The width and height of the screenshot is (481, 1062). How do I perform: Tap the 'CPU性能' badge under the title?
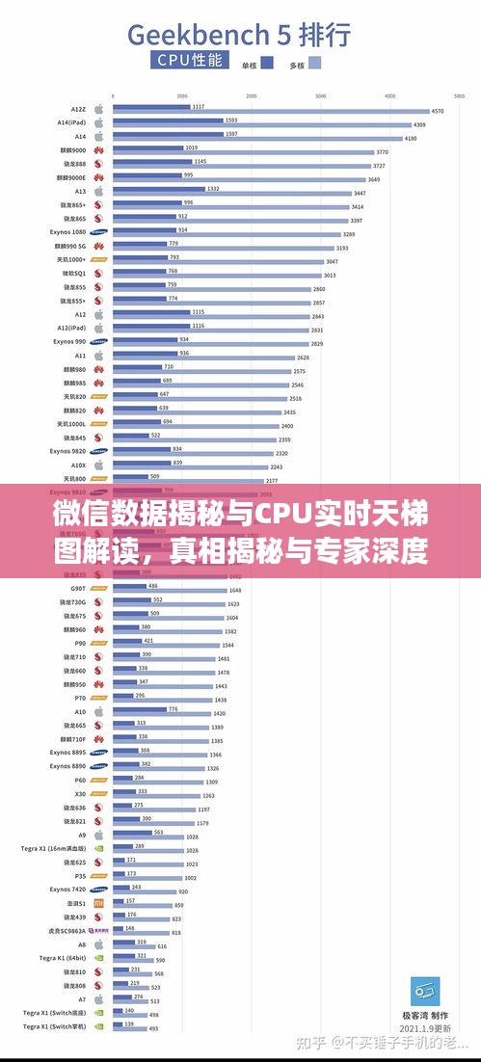click(190, 61)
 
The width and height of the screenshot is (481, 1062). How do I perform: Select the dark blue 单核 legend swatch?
click(267, 64)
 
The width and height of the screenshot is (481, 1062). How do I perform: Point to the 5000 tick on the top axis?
click(458, 96)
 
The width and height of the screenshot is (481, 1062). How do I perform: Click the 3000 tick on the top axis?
click(320, 96)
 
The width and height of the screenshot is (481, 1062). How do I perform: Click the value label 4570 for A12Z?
click(437, 111)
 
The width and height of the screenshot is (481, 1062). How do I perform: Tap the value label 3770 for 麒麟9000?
click(382, 151)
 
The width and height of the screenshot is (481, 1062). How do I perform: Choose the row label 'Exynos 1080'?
click(67, 232)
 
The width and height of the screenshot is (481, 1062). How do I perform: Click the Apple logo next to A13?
click(98, 191)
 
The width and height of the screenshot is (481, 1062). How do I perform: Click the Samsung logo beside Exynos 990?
click(98, 341)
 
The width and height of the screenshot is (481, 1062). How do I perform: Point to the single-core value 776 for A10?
click(174, 709)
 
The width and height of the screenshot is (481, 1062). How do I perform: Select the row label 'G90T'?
click(78, 588)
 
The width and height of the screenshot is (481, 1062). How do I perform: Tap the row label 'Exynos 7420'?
click(67, 889)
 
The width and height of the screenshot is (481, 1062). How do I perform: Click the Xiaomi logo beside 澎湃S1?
click(98, 903)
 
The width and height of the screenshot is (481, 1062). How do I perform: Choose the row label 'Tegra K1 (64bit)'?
click(63, 958)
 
